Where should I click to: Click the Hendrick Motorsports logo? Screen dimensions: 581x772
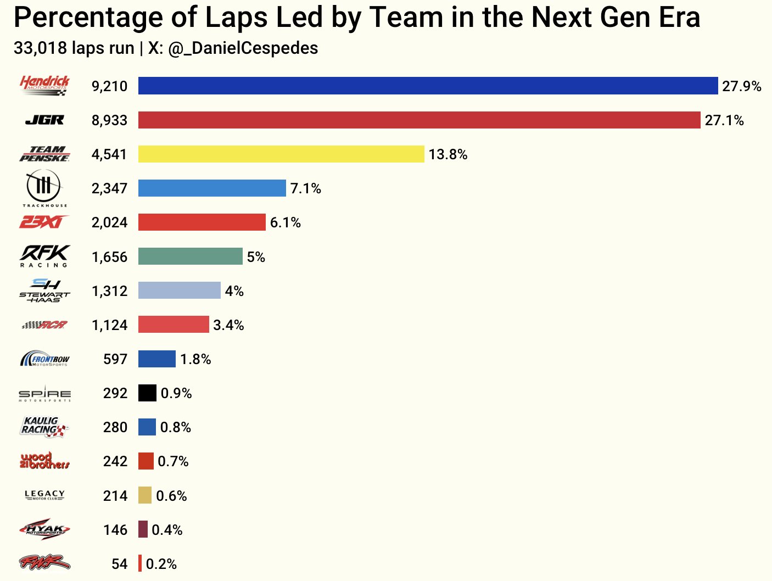[x=44, y=86]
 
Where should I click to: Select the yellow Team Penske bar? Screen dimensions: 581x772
[x=281, y=154]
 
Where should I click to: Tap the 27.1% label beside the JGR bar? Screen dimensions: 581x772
[x=724, y=120]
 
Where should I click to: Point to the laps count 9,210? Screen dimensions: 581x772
[x=109, y=86]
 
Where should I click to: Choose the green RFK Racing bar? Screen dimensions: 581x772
[x=190, y=256]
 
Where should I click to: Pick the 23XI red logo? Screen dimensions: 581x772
[x=44, y=222]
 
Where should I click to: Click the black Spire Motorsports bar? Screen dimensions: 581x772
[x=147, y=393]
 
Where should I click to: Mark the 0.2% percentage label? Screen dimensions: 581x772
[x=161, y=564]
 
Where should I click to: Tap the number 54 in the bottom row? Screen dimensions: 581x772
[x=119, y=564]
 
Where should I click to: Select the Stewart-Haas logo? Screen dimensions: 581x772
[x=44, y=290]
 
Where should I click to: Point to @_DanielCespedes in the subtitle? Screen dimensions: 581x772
[x=243, y=48]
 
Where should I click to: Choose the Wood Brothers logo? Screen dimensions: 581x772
[x=44, y=461]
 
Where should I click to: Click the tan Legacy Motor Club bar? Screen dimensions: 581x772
[x=145, y=495]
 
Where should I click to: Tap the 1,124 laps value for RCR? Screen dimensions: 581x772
[x=109, y=325]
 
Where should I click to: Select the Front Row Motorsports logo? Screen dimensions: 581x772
[x=44, y=359]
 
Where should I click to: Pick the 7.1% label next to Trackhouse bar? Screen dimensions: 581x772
[x=306, y=188]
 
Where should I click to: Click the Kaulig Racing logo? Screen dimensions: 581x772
[x=44, y=427]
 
